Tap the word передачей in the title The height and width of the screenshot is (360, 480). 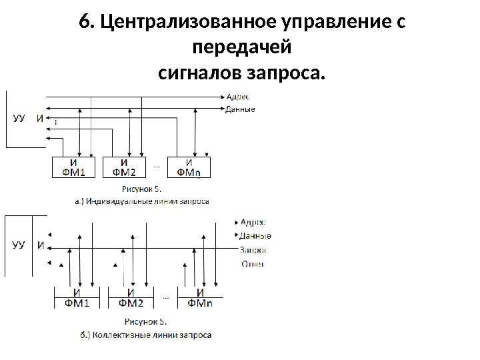point(241,47)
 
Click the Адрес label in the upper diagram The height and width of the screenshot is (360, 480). point(237,97)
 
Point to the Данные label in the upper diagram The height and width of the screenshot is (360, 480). point(240,109)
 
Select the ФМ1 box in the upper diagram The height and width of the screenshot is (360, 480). point(73,167)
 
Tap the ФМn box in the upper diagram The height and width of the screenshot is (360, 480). point(189,167)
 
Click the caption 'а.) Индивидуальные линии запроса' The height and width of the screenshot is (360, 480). point(141,200)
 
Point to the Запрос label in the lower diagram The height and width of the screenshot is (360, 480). point(254,250)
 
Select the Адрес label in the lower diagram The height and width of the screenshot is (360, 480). point(253,222)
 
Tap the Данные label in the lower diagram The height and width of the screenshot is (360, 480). point(255,235)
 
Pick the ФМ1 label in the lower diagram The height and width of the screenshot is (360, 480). point(77,304)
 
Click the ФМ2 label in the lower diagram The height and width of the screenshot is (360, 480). point(131,304)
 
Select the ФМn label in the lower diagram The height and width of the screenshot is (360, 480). point(200,304)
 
